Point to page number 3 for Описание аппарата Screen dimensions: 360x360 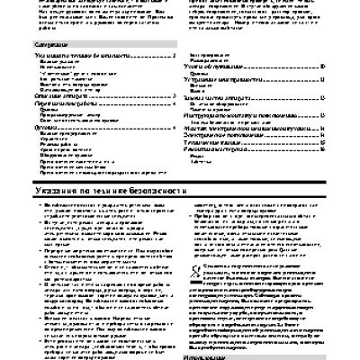click(171, 96)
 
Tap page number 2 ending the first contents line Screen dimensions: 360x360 click(171, 56)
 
